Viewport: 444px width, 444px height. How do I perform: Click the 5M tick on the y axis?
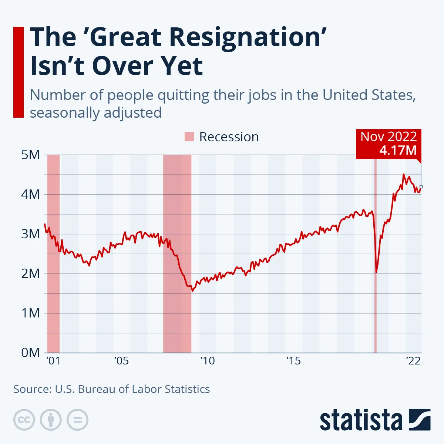click(31, 155)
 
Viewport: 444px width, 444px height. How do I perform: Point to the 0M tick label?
click(31, 353)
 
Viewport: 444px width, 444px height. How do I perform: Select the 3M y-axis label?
click(31, 234)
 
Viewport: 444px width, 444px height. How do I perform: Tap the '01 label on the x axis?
click(53, 360)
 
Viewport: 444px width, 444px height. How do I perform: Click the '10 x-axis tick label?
click(207, 360)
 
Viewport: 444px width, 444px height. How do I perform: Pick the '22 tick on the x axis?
click(413, 360)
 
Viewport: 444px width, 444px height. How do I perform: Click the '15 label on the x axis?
click(293, 360)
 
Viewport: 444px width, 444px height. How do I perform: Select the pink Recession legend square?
click(189, 137)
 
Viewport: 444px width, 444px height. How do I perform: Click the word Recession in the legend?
click(229, 137)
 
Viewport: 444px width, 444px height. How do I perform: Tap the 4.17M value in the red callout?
click(398, 150)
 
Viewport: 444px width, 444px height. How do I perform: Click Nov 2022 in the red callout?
click(388, 137)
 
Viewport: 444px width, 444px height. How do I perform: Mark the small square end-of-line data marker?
click(421, 187)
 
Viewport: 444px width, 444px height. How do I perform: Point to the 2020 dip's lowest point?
click(376, 272)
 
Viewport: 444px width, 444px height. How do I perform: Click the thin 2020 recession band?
click(375, 314)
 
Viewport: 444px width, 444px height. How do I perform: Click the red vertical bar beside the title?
click(18, 72)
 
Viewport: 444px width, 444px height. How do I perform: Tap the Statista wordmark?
click(361, 421)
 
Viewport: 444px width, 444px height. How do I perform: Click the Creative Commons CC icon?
click(24, 420)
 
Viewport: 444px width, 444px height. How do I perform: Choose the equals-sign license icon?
click(77, 420)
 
